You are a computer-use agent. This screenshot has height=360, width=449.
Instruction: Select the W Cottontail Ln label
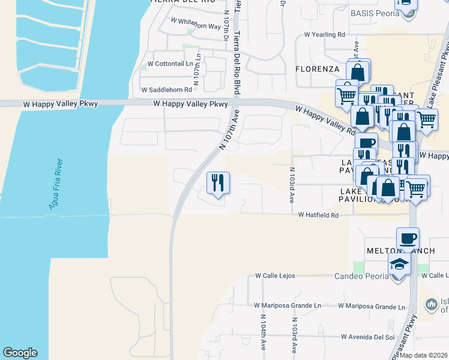[x=173, y=63]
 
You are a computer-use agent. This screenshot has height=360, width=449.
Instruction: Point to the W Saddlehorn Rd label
[x=166, y=89]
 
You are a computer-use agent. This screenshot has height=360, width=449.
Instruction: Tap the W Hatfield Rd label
[x=319, y=214]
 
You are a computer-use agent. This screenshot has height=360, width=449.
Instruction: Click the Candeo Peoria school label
[x=359, y=277]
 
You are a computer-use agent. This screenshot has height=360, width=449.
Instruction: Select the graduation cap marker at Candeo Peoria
[x=398, y=265]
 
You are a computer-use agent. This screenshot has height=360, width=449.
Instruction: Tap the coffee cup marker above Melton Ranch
[x=408, y=238]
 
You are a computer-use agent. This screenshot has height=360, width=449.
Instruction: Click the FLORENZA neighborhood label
[x=318, y=69]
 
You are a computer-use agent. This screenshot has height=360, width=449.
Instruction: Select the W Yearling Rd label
[x=325, y=34]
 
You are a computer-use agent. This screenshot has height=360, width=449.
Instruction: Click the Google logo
[x=20, y=353]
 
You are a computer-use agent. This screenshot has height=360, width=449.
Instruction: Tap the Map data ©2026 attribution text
[x=424, y=355]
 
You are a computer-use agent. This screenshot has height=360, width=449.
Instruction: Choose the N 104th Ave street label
[x=264, y=331]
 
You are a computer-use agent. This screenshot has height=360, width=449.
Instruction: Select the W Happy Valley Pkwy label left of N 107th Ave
[x=190, y=104]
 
